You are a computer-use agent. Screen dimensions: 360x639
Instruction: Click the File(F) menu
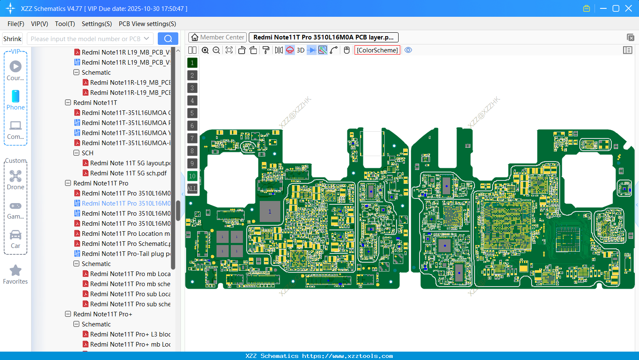[16, 24]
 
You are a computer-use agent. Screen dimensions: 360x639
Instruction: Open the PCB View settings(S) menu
[147, 24]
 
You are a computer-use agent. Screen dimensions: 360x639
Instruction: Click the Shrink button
[13, 39]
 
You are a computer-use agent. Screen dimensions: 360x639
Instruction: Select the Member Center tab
[218, 37]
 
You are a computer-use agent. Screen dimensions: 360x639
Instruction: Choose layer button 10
[192, 176]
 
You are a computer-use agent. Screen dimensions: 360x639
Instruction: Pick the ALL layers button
[192, 189]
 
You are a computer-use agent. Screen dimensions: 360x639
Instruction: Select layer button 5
[192, 113]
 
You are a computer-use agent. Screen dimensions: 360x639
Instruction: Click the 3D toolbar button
[300, 50]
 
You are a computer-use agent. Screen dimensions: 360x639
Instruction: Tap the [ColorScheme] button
[377, 50]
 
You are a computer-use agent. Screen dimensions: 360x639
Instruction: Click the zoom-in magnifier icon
[205, 50]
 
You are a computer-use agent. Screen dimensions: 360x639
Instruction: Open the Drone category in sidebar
[16, 180]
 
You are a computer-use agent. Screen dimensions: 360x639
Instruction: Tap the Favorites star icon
[16, 271]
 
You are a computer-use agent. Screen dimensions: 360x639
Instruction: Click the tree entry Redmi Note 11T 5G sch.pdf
[128, 173]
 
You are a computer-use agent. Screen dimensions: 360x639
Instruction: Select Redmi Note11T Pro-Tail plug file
[126, 254]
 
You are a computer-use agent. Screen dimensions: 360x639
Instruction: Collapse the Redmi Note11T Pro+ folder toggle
[68, 314]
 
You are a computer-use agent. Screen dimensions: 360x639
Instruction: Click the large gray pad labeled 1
[270, 211]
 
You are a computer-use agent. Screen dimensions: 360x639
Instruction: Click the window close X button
[629, 8]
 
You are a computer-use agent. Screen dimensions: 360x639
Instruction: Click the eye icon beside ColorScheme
[408, 50]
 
